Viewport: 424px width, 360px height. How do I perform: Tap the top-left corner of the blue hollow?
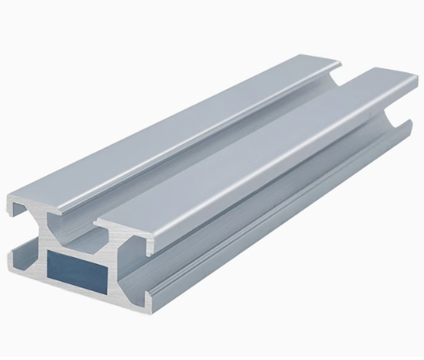tap(49, 252)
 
